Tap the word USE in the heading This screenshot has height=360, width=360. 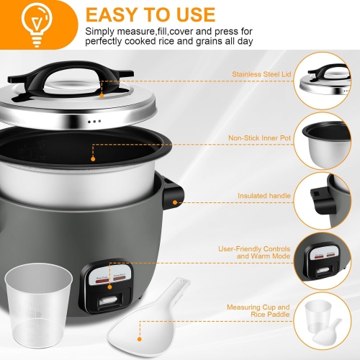pyautogui.click(x=191, y=14)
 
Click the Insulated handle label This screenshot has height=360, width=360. pyautogui.click(x=263, y=195)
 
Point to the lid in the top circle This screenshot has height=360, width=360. pyautogui.click(x=328, y=83)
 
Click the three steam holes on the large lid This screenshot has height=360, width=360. pyautogui.click(x=94, y=121)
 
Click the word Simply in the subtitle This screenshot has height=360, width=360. pyautogui.click(x=101, y=32)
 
